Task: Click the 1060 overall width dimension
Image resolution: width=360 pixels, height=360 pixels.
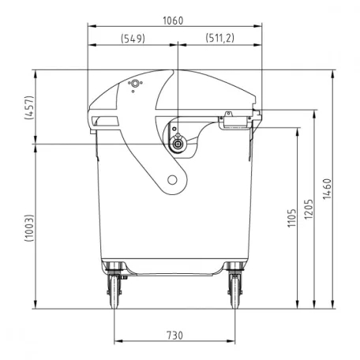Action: (x=173, y=21)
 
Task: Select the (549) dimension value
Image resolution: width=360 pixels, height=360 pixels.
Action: (x=133, y=39)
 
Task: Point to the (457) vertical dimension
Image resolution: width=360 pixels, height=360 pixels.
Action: (x=29, y=107)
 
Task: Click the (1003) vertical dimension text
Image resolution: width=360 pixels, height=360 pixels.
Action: (x=29, y=228)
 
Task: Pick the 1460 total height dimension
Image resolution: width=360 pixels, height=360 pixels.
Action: (x=327, y=189)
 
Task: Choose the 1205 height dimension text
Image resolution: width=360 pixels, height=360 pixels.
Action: (x=309, y=209)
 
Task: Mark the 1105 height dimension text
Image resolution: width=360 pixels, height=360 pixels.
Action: (x=291, y=218)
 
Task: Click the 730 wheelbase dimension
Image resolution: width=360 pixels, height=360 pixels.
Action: (x=174, y=336)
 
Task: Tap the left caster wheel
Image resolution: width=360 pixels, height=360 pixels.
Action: (x=114, y=292)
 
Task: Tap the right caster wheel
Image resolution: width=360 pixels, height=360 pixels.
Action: (x=234, y=292)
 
